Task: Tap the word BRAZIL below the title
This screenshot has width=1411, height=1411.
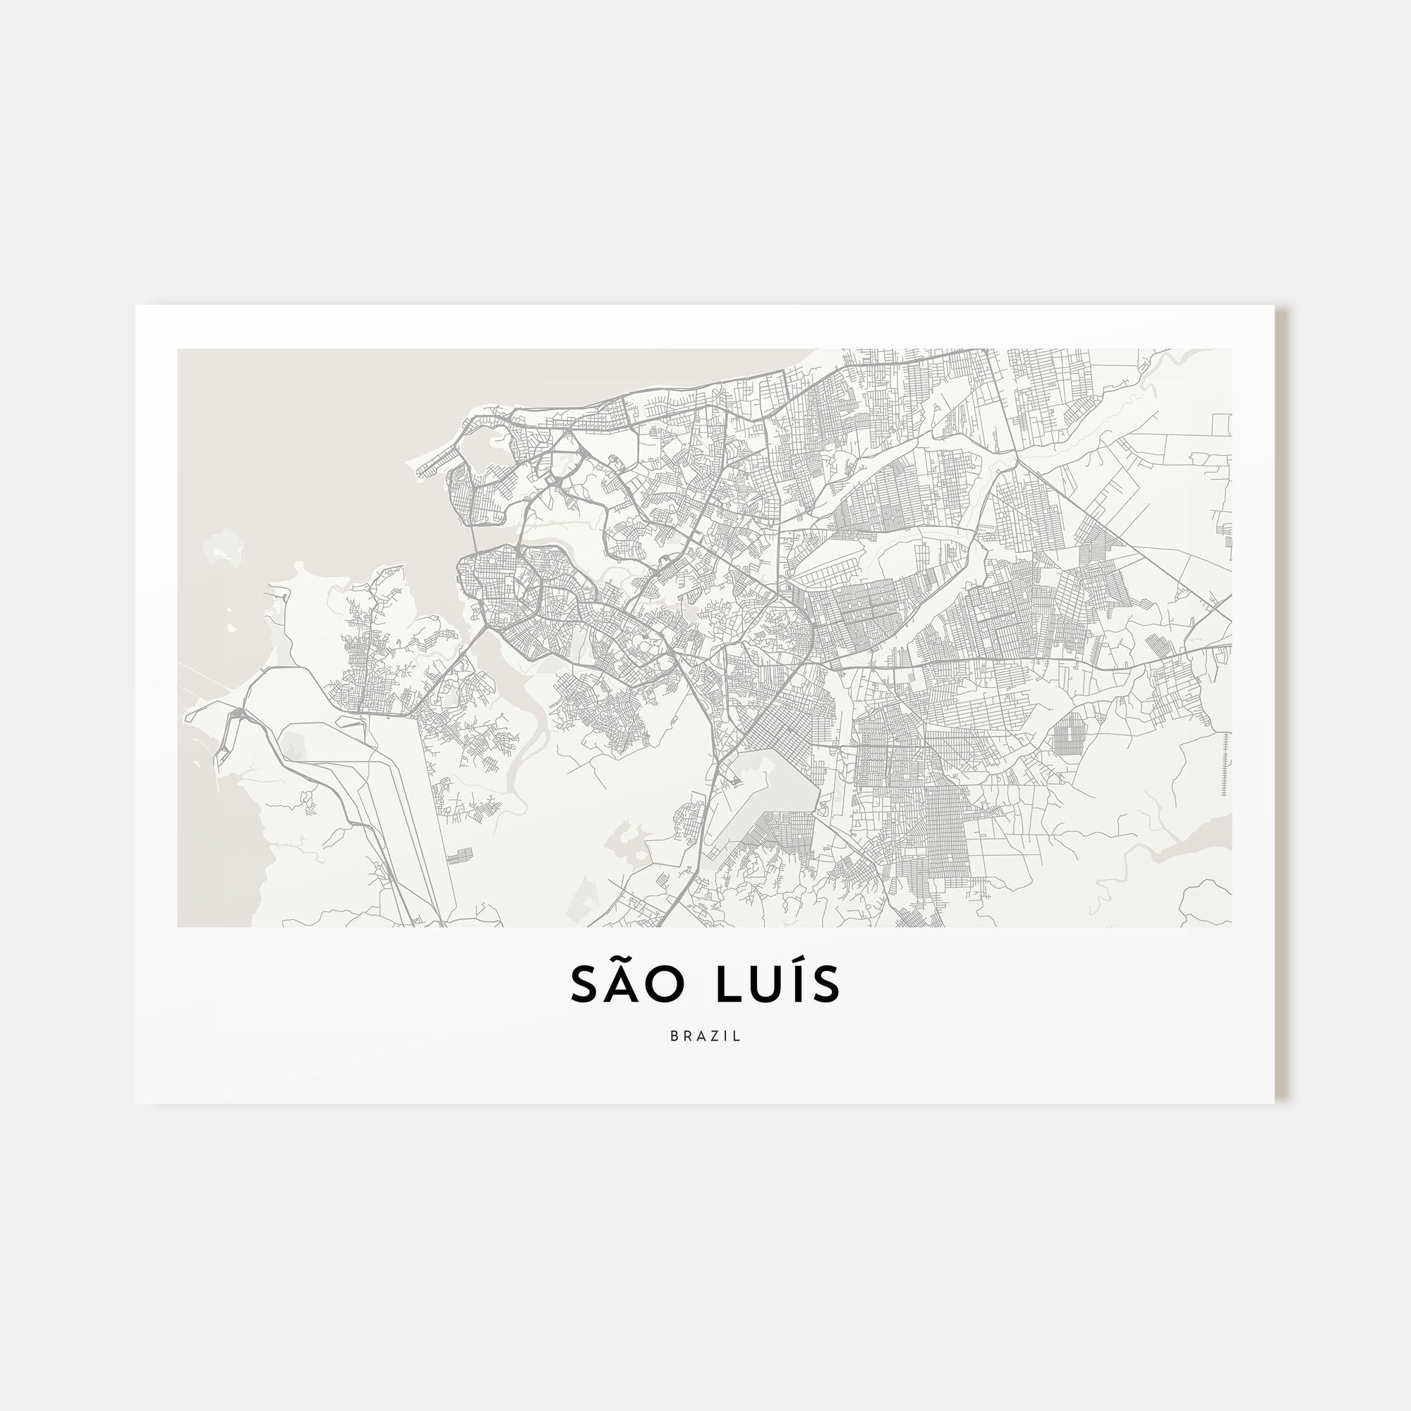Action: coord(705,1036)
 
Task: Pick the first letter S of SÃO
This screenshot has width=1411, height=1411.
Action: coord(583,985)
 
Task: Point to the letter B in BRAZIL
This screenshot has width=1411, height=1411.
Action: coord(674,1036)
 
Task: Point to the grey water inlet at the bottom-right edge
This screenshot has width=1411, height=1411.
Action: coord(1198,840)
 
